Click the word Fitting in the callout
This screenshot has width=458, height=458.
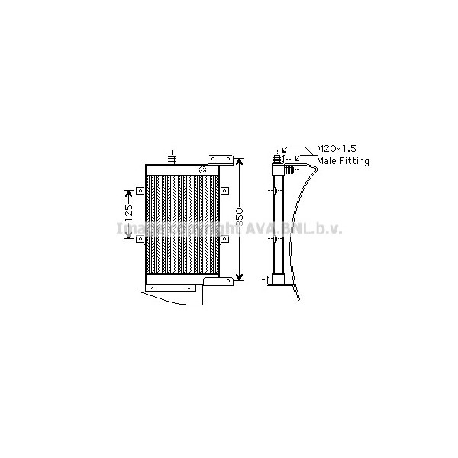pos(356,162)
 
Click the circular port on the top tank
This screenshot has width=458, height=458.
pos(203,169)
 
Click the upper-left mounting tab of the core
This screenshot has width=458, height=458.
pos(140,191)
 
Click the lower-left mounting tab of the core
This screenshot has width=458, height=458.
pos(140,240)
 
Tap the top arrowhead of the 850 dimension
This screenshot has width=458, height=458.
pos(239,162)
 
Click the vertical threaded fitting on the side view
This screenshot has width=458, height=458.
pos(276,160)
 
